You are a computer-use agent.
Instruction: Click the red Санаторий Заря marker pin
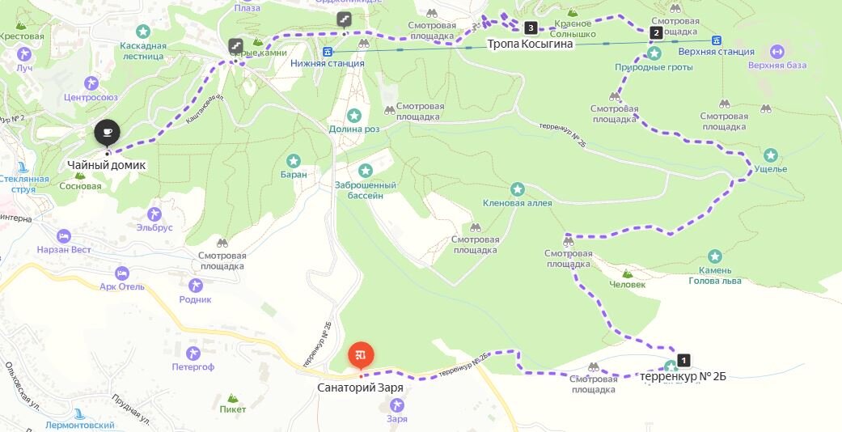tap(361, 355)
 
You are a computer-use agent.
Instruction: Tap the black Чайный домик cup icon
tap(107, 132)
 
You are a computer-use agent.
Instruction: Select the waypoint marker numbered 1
tap(684, 360)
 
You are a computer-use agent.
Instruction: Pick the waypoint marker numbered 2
tap(655, 33)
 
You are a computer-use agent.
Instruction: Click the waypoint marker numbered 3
tap(531, 28)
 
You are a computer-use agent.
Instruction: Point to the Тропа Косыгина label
tap(530, 44)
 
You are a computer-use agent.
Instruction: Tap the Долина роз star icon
tap(353, 116)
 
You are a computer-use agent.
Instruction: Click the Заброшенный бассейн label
tap(366, 189)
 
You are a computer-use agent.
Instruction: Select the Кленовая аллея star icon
tap(518, 189)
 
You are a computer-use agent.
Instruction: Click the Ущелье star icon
tap(771, 155)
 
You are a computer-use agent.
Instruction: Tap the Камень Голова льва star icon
tap(714, 255)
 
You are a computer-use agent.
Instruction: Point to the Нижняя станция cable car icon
tap(327, 51)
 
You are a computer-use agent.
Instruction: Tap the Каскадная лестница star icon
tap(143, 32)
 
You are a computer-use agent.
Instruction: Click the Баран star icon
tap(294, 160)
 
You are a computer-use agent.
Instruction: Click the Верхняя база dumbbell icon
tap(776, 52)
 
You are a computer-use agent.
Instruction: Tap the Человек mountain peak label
tap(628, 284)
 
